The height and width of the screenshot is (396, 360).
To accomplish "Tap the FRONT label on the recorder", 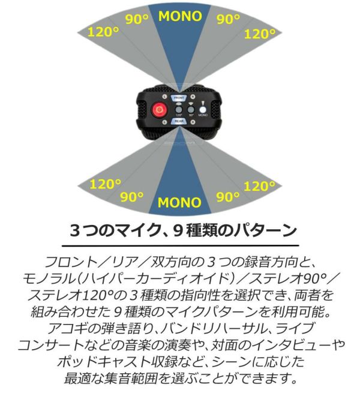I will click(179, 97).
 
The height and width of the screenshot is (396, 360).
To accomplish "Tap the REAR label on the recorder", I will click(179, 121).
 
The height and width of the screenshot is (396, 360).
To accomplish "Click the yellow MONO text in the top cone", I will click(180, 16).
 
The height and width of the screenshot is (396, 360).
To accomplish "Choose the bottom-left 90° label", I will click(132, 196).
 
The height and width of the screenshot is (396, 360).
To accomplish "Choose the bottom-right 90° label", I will click(228, 197).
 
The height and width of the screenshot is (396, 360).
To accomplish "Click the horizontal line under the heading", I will click(179, 245).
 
